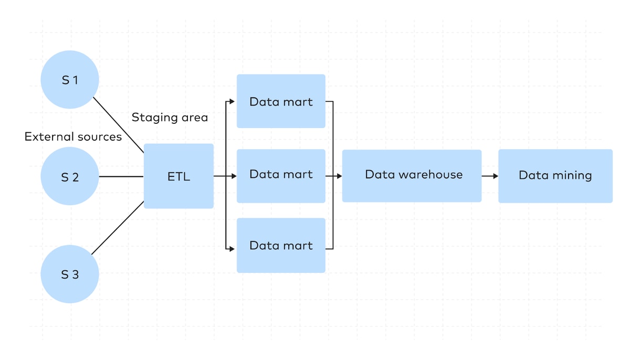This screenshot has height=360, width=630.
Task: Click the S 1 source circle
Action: [70, 80]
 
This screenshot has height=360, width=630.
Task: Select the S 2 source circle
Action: [70, 176]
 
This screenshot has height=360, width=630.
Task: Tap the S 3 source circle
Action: [70, 274]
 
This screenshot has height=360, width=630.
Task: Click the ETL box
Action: [178, 176]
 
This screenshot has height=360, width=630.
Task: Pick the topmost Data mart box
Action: [281, 101]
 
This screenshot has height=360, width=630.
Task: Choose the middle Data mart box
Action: [281, 176]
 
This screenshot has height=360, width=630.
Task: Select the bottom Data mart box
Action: [281, 246]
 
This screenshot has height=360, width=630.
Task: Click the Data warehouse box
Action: [412, 176]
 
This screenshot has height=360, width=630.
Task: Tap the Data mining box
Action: [555, 176]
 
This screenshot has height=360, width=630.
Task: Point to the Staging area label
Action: [170, 118]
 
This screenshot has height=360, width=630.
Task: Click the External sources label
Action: [73, 137]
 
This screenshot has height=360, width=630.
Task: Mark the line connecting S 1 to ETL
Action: [119, 125]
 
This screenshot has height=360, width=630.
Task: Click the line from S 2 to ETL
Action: [121, 176]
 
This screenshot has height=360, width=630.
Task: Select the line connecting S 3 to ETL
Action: [118, 228]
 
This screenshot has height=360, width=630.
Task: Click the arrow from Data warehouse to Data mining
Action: [490, 176]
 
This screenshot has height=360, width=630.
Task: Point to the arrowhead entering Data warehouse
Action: [340, 176]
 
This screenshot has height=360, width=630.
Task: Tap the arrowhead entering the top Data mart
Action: [232, 101]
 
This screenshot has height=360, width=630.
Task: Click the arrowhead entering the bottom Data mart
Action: [232, 249]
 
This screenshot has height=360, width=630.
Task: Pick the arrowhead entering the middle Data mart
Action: [234, 176]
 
